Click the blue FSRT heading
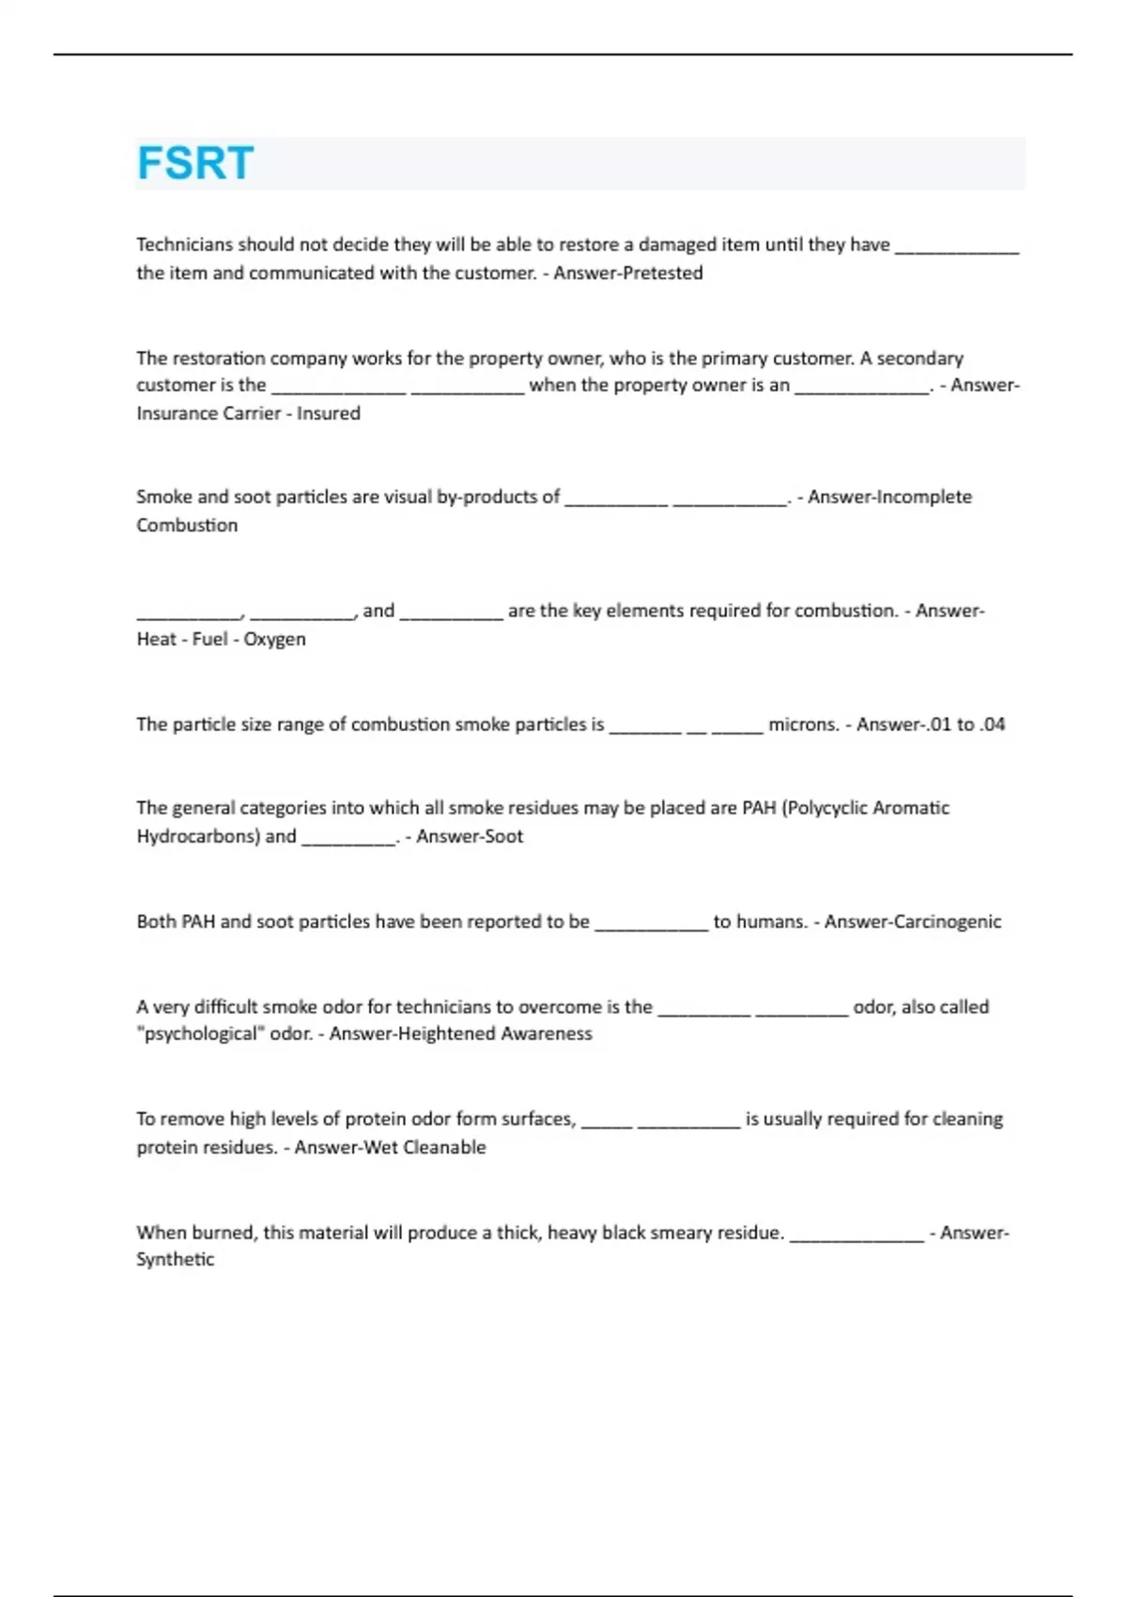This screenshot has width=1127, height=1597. click(195, 163)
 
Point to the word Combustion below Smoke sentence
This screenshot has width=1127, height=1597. click(187, 525)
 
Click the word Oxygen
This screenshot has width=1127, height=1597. click(274, 640)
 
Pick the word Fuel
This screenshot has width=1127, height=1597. click(210, 640)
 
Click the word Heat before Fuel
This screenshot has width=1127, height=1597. click(156, 640)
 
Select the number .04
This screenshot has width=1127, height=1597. click(991, 724)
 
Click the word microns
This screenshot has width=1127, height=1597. click(803, 724)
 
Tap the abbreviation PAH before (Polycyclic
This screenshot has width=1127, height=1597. click(759, 808)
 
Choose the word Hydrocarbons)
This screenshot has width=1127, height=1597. click(197, 836)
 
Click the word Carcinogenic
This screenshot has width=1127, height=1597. click(947, 922)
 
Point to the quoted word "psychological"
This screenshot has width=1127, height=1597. click(201, 1034)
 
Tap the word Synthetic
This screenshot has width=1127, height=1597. click(176, 1260)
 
